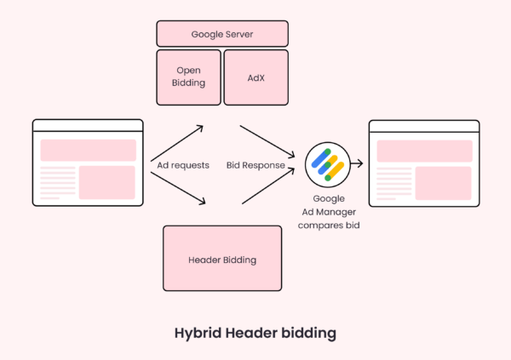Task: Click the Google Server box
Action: tap(222, 33)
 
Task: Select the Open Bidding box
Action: tap(187, 76)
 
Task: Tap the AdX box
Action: tap(255, 76)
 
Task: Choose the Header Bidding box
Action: tap(221, 259)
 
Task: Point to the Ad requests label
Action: tap(183, 165)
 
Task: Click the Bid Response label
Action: tap(256, 165)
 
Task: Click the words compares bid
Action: tap(328, 223)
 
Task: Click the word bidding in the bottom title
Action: tap(307, 332)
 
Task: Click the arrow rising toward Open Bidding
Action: tap(181, 139)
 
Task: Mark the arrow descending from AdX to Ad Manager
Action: tap(268, 139)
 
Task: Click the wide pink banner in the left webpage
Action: tap(88, 150)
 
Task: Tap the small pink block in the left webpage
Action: tap(107, 182)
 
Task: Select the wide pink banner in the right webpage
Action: tap(424, 151)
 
